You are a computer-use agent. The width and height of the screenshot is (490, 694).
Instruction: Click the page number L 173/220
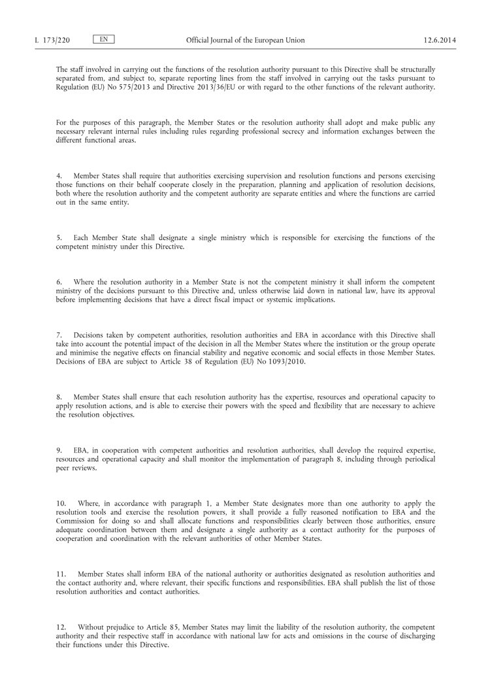[x=52, y=41]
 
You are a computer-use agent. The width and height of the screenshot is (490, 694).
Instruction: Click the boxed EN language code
[x=103, y=40]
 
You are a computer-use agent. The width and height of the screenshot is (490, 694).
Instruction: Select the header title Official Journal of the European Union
[x=245, y=41]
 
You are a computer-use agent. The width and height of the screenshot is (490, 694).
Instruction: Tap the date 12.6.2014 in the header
[x=440, y=41]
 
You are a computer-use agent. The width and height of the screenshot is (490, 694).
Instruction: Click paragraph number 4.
[x=59, y=176]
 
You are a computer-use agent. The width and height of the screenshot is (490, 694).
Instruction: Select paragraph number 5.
[x=59, y=238]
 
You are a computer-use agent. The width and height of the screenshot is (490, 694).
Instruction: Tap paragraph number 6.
[x=59, y=282]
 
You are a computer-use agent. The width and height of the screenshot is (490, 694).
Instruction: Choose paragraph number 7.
[x=59, y=335]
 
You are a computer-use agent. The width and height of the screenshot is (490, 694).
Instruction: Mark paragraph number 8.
[x=59, y=396]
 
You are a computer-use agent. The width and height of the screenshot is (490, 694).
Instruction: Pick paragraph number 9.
[x=59, y=449]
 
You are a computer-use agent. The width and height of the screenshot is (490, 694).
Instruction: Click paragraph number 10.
[x=61, y=503]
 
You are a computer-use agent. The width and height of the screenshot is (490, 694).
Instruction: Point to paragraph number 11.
[x=61, y=574]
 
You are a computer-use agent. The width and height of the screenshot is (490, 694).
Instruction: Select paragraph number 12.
[x=61, y=627]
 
